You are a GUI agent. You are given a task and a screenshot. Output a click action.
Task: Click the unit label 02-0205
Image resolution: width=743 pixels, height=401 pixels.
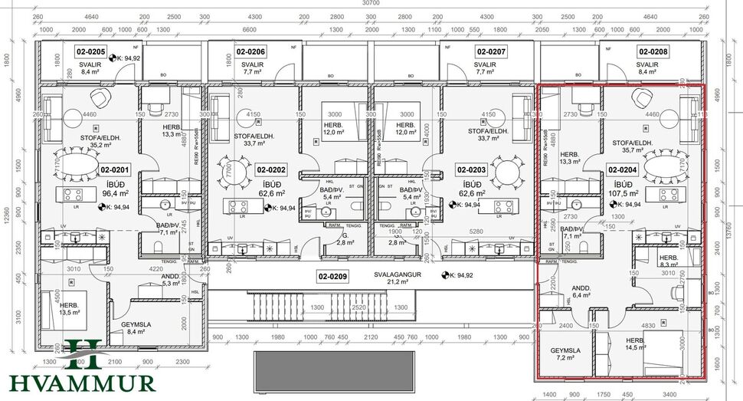pyautogui.click(x=90, y=51)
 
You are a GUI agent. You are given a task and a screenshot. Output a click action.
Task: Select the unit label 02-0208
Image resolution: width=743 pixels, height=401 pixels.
pyautogui.click(x=653, y=51)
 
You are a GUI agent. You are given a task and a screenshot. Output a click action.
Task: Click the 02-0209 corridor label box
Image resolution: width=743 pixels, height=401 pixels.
pyautogui.click(x=333, y=274)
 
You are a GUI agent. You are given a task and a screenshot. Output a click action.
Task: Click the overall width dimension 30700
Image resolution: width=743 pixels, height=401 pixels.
pyautogui.click(x=371, y=4)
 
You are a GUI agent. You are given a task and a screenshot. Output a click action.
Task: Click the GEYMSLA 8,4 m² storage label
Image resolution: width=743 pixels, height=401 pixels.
pyautogui.click(x=136, y=328)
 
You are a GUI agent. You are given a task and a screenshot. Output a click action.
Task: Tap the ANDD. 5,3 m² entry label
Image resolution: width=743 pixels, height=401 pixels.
pyautogui.click(x=170, y=279)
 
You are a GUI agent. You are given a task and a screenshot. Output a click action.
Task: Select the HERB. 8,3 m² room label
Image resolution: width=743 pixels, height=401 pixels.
pyautogui.click(x=667, y=261)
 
